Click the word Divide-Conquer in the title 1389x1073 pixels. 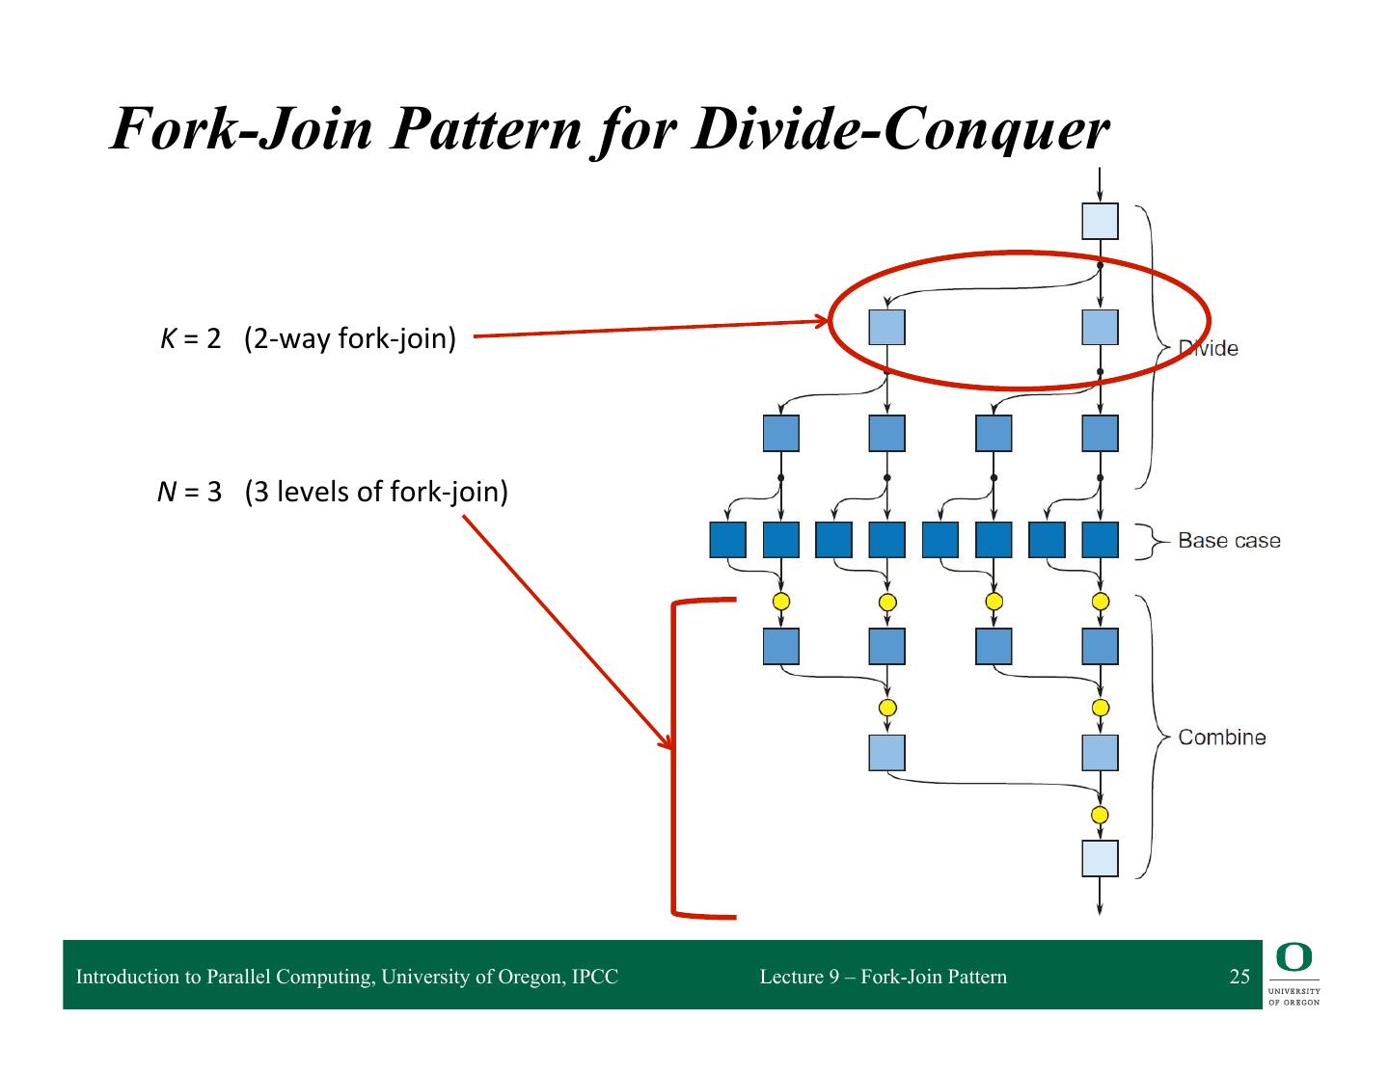pos(901,129)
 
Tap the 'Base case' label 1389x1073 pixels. pos(1229,541)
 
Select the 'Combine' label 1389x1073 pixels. pos(1221,738)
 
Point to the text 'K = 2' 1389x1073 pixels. pos(191,339)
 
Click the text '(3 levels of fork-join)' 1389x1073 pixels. pos(376,492)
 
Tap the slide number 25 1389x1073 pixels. pos(1239,977)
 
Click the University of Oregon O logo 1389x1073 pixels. pos(1294,957)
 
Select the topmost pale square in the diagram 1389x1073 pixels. pos(1100,221)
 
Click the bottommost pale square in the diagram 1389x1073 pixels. pos(1100,858)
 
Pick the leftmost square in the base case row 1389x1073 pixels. pos(727,540)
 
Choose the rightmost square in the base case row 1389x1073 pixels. pos(1100,540)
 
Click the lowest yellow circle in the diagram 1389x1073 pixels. pos(1100,815)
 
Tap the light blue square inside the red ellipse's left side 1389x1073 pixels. pos(886,328)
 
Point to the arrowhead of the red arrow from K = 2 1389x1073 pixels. pos(822,322)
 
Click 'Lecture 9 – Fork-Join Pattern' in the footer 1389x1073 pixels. pos(883,977)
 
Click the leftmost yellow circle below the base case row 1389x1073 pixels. pos(781,602)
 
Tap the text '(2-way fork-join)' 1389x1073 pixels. pos(350,339)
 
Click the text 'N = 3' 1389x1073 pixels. pos(190,492)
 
